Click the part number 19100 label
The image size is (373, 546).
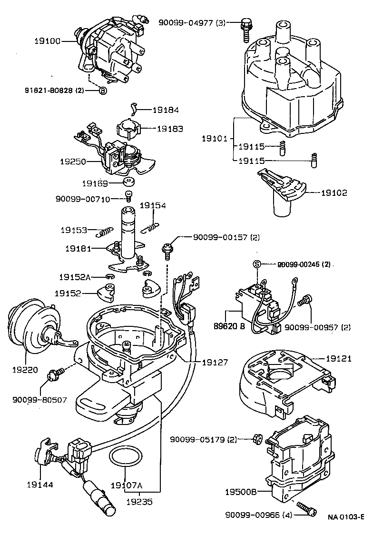pos(47,41)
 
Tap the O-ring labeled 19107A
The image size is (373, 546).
pos(126,456)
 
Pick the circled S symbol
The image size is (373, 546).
pos(256,264)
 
